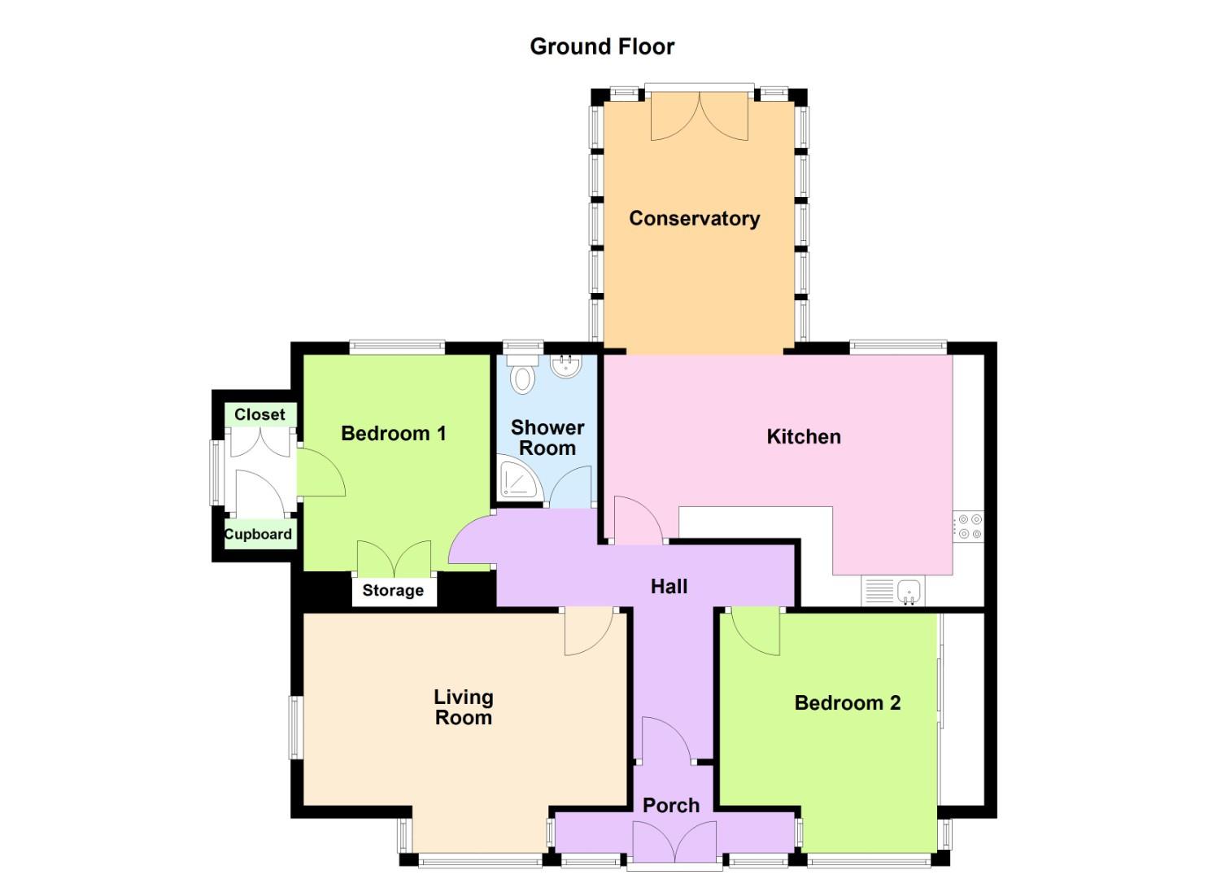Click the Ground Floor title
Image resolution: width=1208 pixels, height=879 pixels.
tap(602, 47)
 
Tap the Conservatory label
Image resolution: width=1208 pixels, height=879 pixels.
tap(695, 219)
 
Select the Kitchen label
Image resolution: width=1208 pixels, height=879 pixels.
tap(804, 436)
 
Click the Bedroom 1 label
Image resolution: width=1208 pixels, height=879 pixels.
tap(394, 433)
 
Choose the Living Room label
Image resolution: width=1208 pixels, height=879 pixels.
tap(464, 707)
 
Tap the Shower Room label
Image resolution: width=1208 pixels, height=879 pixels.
tap(547, 438)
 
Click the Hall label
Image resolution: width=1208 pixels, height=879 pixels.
tap(669, 587)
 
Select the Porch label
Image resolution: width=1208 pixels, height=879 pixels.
tap(671, 806)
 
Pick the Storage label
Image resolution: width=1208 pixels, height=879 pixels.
tap(393, 590)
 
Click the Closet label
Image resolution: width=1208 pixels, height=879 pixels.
tap(259, 414)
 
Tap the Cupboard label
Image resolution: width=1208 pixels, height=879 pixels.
tap(259, 534)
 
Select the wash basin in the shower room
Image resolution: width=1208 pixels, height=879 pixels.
tap(565, 366)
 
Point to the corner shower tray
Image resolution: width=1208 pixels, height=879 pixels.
tap(520, 475)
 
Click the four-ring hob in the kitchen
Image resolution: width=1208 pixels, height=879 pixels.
tap(969, 526)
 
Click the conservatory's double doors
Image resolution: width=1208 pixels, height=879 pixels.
tap(700, 116)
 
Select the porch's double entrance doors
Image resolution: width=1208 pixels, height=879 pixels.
tap(674, 842)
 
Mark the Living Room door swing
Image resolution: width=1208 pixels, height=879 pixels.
tap(589, 631)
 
